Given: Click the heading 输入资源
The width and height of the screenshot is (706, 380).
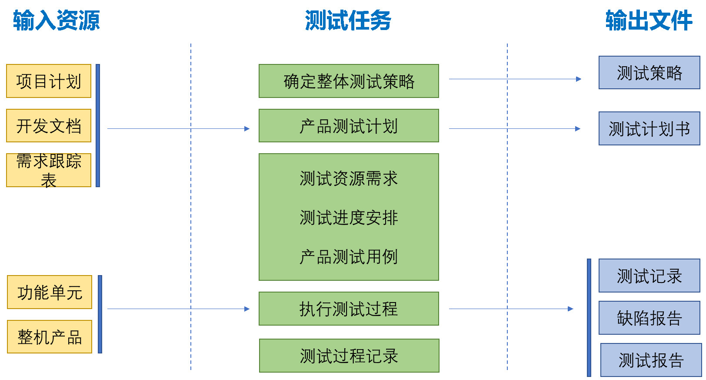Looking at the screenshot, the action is tap(57, 20).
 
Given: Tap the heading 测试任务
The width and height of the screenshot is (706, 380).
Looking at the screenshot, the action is tap(348, 20).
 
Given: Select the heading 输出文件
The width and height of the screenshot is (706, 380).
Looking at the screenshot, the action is tap(649, 20).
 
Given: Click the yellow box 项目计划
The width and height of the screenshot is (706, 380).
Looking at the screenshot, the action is tap(49, 81).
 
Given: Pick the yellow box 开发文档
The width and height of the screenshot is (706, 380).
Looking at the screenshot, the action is tap(49, 126).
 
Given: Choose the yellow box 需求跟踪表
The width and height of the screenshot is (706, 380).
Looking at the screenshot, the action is tap(49, 171).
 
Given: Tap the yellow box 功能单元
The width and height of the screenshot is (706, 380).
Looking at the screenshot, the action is tap(50, 292).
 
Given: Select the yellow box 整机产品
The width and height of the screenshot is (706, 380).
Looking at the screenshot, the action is tap(50, 336).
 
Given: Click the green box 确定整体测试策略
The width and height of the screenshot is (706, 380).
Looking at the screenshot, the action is tap(349, 81).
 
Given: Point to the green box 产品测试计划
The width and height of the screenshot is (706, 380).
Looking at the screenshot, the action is tap(349, 126).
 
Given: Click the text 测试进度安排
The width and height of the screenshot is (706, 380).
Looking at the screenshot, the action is tap(349, 218).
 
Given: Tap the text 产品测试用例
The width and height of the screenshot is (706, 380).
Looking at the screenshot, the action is tap(349, 256).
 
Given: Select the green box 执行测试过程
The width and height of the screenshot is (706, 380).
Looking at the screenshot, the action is tap(349, 309).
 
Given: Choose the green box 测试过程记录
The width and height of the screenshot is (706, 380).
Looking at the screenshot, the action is tap(349, 356).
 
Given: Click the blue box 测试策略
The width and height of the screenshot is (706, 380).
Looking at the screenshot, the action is tap(649, 73).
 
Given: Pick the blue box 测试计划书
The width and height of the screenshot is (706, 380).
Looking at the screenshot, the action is tap(649, 128).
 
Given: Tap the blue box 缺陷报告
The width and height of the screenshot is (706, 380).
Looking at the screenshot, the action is tap(649, 318).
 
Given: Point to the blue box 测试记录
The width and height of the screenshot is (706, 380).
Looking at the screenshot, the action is tap(649, 276).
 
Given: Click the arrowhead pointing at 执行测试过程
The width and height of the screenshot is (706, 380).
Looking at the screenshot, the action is tap(247, 309).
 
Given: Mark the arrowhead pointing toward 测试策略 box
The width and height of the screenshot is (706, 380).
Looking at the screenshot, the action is tap(579, 79).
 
